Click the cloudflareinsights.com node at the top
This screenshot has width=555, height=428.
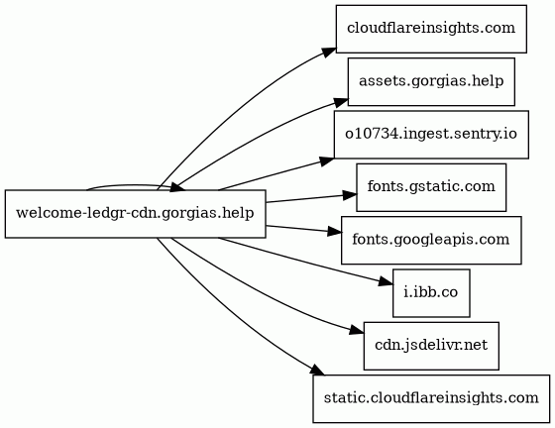coord(431,29)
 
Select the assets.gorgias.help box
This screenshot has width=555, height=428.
coord(431,81)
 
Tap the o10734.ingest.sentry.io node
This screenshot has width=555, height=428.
coord(431,135)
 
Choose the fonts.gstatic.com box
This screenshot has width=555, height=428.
coord(431,187)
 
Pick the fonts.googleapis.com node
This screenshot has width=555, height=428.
coord(431,240)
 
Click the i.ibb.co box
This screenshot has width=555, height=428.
coord(431,293)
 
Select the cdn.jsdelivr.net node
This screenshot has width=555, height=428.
coord(431,346)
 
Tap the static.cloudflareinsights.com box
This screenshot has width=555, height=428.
coord(431,398)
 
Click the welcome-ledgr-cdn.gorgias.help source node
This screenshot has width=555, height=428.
coord(135,214)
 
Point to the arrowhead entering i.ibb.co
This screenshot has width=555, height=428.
coord(386,282)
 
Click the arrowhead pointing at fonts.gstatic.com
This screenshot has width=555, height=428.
coord(349,195)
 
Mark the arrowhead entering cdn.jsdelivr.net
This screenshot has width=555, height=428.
coord(356,331)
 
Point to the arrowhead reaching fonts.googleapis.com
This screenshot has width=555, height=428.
coord(335,232)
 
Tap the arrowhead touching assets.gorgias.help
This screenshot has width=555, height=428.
coord(341,103)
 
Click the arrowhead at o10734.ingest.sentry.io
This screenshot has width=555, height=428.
coord(326,161)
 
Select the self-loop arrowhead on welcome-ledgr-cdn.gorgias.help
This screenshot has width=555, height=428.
coord(178,187)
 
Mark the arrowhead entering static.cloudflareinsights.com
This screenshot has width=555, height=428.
coord(317,371)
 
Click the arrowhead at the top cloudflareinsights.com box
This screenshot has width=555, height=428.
coord(328,51)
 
